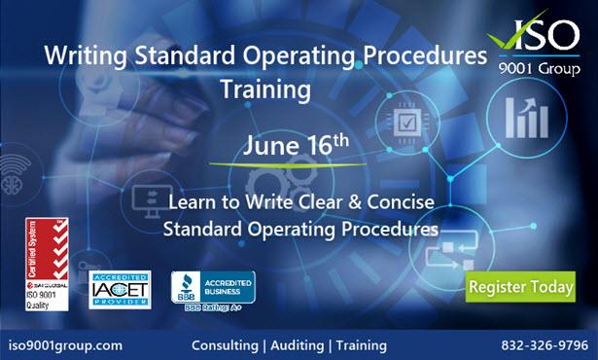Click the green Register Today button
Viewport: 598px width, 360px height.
coord(520,287)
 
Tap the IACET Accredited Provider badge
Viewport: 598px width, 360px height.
coord(120,288)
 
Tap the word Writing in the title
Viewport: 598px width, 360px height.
coord(82,57)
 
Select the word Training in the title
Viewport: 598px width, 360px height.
coord(265,90)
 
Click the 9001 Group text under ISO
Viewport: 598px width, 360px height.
coord(546,72)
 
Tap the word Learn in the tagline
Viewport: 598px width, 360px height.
coord(193,205)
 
